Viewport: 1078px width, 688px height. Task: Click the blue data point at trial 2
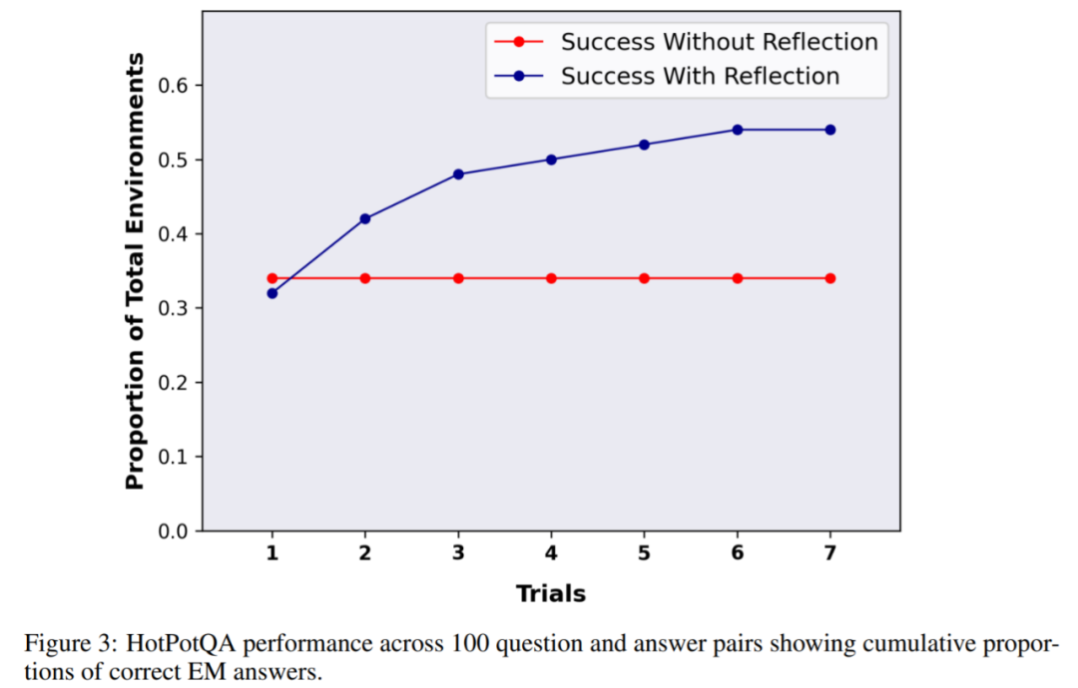click(365, 218)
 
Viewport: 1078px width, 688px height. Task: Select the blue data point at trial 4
click(551, 160)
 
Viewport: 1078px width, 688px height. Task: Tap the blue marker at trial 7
click(830, 130)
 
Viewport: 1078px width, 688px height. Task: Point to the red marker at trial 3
click(458, 278)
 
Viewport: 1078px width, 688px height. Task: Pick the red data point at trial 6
click(738, 278)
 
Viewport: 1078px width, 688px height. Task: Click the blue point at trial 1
click(271, 293)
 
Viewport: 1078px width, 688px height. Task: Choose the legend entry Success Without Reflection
click(719, 42)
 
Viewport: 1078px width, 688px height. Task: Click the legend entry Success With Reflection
click(700, 76)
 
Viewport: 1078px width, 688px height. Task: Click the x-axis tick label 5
click(645, 553)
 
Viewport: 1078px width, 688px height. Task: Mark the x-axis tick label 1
click(271, 553)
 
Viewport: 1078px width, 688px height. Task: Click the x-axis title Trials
click(551, 594)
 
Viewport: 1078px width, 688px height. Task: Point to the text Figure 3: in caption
click(63, 644)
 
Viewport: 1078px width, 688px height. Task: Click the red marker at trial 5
click(645, 278)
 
